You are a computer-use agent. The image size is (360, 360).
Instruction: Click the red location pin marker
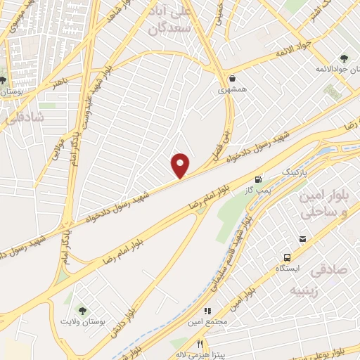pos(181,166)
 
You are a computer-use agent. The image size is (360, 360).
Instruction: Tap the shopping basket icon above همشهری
pos(232,78)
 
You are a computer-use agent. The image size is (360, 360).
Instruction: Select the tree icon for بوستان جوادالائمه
pos(344,58)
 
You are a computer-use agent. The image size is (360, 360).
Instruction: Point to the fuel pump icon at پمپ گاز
pos(259,180)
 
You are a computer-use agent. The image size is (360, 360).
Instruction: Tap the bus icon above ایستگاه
pos(288,258)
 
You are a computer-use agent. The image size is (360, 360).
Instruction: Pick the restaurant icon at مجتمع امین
pos(207,310)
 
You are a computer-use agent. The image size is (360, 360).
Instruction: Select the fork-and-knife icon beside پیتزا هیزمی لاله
pos(200,345)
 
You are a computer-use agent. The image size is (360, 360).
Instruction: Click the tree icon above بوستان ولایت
pos(83,311)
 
